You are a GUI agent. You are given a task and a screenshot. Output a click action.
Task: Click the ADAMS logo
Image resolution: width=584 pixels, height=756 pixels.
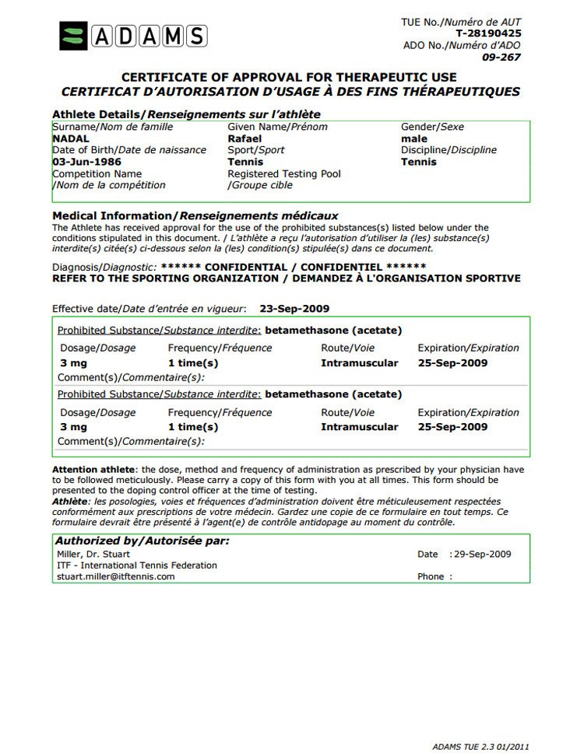coord(132,36)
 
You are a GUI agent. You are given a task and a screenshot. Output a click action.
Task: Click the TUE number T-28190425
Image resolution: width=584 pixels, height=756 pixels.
coord(488,33)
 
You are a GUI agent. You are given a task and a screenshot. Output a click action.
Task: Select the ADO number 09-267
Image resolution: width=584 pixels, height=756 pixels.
coord(501,57)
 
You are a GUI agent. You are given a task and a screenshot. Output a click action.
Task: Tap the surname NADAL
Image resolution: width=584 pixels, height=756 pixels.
coord(71,138)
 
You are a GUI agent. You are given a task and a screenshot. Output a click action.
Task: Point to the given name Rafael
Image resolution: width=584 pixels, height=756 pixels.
coord(245,138)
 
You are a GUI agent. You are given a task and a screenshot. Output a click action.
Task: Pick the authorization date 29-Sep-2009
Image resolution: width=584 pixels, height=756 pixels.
coord(483,554)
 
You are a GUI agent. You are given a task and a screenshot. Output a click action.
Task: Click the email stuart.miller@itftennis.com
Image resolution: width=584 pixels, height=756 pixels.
coord(115,576)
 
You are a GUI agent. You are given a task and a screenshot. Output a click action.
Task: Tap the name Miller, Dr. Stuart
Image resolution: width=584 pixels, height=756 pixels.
coord(93,554)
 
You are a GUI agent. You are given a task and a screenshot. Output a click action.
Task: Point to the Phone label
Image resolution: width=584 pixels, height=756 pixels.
coord(431,576)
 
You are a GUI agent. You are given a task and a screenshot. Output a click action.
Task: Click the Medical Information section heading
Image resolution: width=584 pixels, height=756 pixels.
coord(195,215)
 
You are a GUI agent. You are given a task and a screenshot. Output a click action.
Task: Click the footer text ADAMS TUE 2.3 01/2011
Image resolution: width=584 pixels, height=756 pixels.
coord(481,745)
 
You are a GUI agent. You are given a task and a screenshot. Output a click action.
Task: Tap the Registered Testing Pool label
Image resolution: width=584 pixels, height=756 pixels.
coord(284,173)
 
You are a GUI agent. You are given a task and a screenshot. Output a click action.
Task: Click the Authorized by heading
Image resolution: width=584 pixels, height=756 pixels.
coord(142,541)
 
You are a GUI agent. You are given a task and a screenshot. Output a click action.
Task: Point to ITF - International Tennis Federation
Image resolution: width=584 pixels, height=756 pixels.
coord(137,565)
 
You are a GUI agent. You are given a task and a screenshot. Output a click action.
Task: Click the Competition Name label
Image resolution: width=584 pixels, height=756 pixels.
coord(97,173)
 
